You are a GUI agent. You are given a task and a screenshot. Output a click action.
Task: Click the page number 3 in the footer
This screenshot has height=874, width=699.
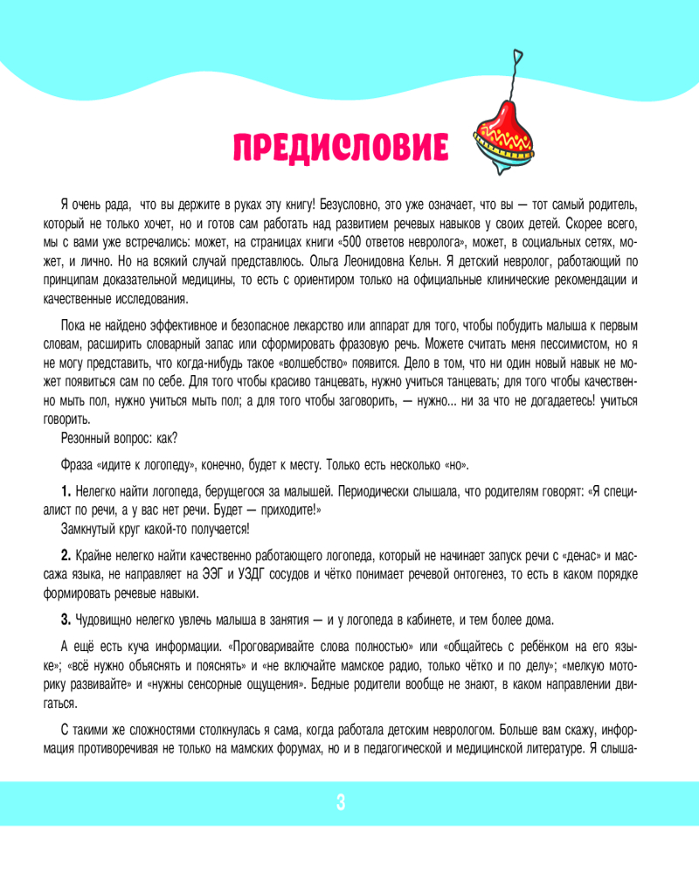[x=341, y=803]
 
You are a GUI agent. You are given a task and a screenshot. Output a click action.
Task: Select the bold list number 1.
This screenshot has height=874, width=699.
[x=66, y=492]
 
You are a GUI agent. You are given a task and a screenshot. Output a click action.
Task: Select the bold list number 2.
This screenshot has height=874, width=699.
[x=66, y=556]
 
